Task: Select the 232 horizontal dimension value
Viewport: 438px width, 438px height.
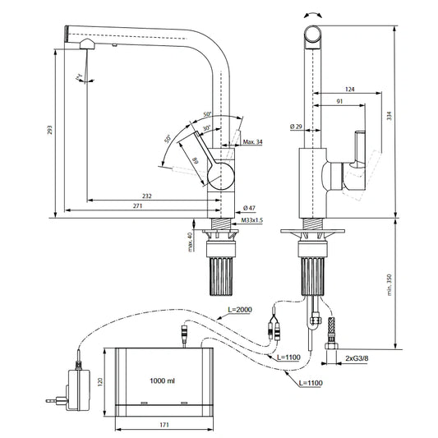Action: [146, 196]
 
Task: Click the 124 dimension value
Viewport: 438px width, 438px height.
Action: [349, 88]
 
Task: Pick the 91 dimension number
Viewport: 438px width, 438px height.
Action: [339, 102]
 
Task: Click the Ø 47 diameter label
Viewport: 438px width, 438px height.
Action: [248, 207]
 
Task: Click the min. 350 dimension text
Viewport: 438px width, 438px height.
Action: [389, 284]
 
